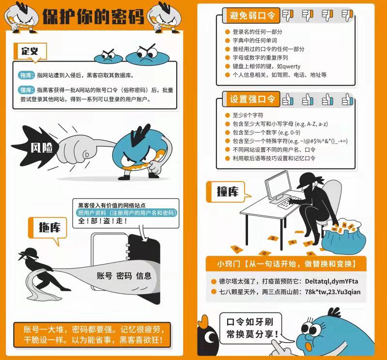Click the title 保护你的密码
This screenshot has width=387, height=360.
pos(93,17)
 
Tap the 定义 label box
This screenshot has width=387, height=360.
pos(31,51)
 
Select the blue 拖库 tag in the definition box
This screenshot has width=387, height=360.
pos(26,75)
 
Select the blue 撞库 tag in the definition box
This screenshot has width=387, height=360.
pos(26,90)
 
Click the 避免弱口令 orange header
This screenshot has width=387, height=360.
pos(251,16)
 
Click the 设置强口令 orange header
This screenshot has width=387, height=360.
pos(251,99)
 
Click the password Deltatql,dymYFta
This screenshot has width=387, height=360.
pos(331,281)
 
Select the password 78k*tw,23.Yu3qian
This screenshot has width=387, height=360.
pos(333,292)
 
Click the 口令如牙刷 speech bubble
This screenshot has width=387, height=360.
pos(251,329)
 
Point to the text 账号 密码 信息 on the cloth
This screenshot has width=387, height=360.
pos(124,276)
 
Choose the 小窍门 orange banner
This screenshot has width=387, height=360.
pos(286,264)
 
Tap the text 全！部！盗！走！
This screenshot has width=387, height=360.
pos(103,221)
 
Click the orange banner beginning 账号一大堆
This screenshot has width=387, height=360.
pos(92,335)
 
